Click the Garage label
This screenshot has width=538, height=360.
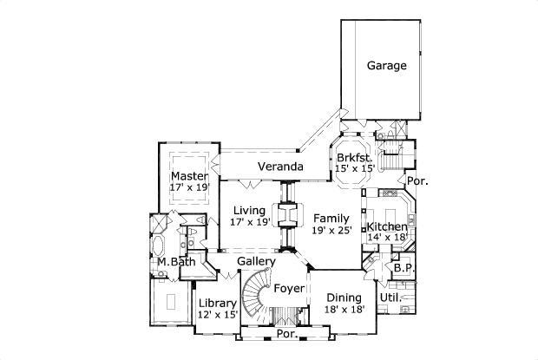pos(386,66)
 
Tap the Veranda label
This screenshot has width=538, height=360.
pos(280,166)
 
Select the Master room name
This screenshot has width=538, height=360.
pos(189,176)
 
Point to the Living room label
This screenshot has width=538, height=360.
pos(248,210)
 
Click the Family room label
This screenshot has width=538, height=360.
pos(331,219)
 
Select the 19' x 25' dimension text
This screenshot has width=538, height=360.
pos(331,232)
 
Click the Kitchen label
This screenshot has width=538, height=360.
pos(387,227)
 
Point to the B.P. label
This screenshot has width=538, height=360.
pos(403,269)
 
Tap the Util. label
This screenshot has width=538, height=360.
pos(390,298)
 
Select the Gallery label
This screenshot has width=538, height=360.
pos(256,261)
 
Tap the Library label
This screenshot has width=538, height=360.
pos(217,304)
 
